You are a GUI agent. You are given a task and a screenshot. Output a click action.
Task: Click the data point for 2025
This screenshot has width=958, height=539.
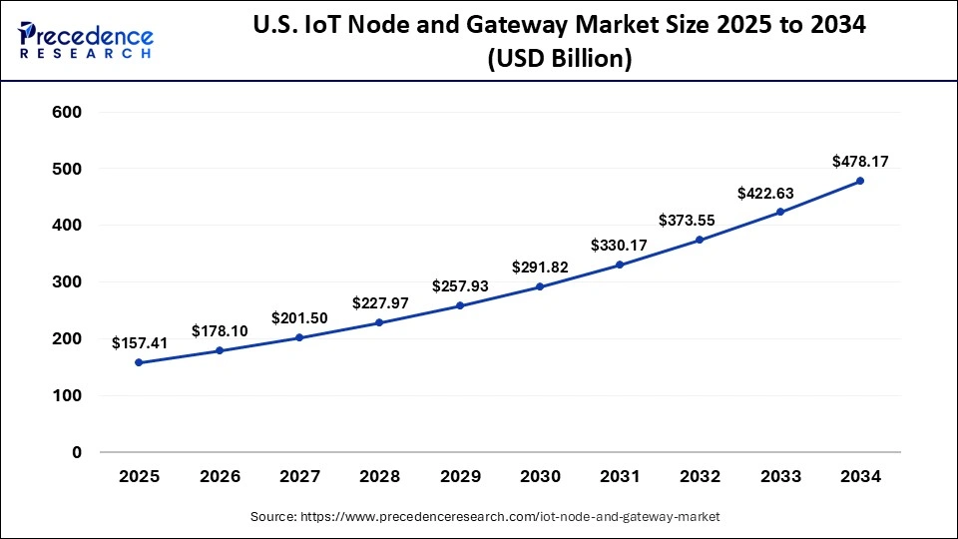point(139,362)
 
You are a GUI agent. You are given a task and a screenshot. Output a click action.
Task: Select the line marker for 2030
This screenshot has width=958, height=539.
point(540,286)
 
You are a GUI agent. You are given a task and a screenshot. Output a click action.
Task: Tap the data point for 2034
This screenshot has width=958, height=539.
point(860,181)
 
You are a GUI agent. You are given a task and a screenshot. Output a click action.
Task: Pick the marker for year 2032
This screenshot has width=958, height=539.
point(700,240)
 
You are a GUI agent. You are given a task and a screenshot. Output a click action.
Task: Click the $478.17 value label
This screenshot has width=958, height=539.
point(860,161)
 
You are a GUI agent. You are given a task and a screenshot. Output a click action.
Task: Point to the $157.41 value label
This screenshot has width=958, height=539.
point(139,342)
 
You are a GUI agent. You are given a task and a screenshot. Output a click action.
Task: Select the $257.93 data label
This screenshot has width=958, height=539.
point(460,285)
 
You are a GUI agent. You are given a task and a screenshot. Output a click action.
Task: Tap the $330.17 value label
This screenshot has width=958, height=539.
point(620,245)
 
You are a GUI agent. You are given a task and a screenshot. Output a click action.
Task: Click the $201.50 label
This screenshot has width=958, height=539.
point(299,317)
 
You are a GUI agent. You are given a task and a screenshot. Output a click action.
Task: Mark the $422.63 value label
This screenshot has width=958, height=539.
point(779,193)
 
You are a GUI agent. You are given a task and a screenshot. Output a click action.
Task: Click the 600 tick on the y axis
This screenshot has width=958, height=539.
point(67,113)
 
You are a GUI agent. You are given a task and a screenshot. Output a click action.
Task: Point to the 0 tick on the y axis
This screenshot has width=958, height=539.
point(76,452)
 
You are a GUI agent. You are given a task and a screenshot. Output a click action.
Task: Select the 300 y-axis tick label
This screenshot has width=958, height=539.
point(67,282)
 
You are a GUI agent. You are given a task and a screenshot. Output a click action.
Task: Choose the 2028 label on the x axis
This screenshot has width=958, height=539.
point(379,477)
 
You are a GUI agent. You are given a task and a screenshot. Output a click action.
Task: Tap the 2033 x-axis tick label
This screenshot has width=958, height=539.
point(779,477)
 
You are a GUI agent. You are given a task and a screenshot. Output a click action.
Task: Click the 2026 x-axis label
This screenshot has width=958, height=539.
point(220,477)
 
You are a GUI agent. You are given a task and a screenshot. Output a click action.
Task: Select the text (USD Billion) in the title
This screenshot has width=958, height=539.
point(559,60)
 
